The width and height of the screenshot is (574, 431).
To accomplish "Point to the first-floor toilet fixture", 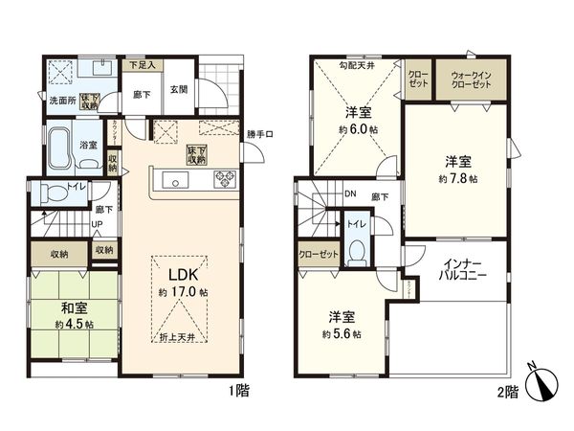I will [x=55, y=193].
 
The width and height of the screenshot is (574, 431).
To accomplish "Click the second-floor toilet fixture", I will [x=357, y=252].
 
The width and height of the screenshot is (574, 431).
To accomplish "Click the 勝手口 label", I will [x=259, y=133].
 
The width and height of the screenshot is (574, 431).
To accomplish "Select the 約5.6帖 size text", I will [x=341, y=333].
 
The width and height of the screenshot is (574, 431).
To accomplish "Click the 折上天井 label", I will [x=178, y=340].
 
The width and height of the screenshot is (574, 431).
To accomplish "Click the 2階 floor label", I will [x=507, y=393].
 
